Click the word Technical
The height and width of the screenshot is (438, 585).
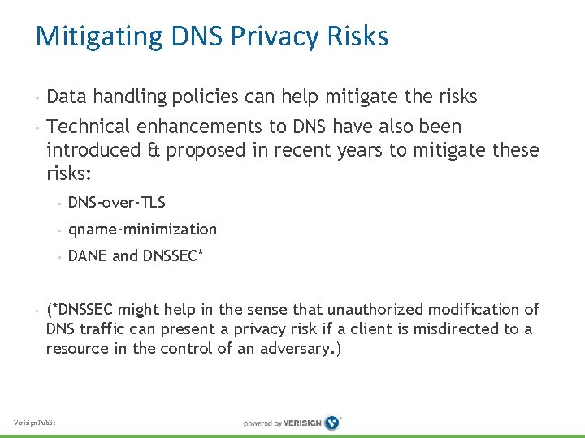[x=89, y=127]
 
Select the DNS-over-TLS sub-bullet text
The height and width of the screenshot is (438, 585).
[x=117, y=202]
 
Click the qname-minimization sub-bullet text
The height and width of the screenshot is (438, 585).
[x=143, y=230]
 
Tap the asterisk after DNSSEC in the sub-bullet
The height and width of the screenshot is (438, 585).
[x=200, y=254]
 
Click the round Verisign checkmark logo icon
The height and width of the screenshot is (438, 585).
[x=331, y=423]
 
